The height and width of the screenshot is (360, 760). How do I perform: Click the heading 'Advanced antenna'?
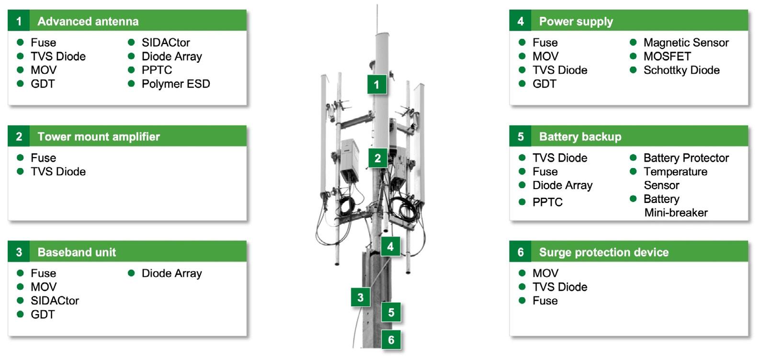point(88,22)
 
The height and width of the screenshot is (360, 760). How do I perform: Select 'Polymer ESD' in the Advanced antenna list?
point(176,84)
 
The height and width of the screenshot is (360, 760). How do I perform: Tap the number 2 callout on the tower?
point(378,158)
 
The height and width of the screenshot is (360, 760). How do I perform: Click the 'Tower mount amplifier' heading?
point(99,137)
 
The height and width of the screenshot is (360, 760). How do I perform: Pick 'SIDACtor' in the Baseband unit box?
point(55,301)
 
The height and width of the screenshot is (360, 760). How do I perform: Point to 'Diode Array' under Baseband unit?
point(171,273)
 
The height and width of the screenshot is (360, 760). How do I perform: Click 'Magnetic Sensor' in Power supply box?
point(686,43)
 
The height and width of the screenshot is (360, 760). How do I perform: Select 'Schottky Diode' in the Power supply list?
point(681,70)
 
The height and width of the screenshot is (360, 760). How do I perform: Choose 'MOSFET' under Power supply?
point(668,56)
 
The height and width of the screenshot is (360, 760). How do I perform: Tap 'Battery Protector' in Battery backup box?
point(686,158)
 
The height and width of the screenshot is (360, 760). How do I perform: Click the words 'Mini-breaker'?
point(676,213)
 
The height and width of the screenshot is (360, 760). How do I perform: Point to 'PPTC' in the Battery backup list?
point(547,202)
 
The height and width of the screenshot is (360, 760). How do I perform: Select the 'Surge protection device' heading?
point(603,252)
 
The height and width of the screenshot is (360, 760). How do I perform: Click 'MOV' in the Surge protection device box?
point(545,273)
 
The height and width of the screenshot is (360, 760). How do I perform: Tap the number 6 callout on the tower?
point(391,339)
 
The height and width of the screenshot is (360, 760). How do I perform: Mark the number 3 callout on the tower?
point(360,298)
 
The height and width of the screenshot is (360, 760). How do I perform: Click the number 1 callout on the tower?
point(376,84)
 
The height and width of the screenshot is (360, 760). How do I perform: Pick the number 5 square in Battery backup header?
point(521,136)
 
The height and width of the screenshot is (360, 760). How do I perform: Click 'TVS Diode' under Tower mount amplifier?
point(58,172)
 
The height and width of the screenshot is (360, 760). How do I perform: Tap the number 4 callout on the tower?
point(390,247)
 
